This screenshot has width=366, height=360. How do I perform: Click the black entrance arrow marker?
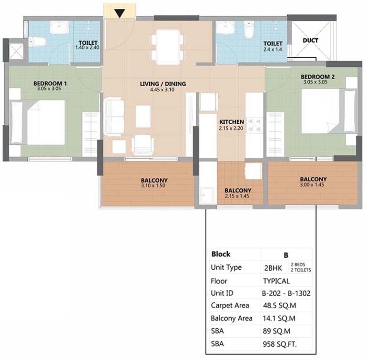120,13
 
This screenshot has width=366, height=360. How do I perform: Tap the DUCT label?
310,40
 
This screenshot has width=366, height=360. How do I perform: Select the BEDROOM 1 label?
50,83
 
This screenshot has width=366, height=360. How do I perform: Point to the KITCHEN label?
232,122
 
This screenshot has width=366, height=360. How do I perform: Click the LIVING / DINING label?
163,84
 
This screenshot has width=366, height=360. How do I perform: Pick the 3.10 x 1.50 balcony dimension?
153,186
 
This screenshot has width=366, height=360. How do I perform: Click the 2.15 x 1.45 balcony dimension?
237,196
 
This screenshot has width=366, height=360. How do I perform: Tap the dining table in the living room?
168,47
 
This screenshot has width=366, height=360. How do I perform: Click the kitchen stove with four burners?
254,125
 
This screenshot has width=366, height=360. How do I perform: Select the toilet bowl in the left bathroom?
37,42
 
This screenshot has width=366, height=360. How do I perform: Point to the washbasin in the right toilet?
225,28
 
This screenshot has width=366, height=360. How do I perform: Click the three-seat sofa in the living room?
114,117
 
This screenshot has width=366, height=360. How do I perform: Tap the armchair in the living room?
142,145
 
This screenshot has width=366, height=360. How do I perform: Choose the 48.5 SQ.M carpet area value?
279,305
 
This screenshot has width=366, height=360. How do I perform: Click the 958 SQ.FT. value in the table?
280,344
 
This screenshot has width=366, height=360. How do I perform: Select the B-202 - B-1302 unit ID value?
286,293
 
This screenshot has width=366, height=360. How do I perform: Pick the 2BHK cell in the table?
273,268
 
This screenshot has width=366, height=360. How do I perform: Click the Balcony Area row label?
231,319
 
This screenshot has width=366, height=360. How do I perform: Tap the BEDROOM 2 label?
317,77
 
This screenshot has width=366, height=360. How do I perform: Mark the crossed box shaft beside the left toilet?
16,51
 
